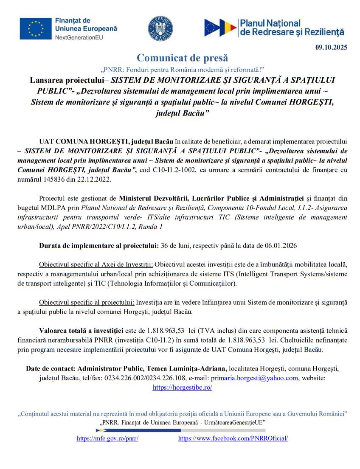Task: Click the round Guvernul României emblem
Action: [x=160, y=28]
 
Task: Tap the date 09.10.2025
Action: [x=331, y=47]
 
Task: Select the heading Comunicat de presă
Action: [x=182, y=58]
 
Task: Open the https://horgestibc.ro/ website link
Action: [x=182, y=388]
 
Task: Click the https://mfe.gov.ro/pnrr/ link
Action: [x=107, y=438]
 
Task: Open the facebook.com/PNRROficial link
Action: [x=233, y=438]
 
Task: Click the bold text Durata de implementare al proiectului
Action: [x=99, y=245]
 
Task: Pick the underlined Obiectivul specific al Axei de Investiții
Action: [x=96, y=265]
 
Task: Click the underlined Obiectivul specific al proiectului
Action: [x=87, y=302]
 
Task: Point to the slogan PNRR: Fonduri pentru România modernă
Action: [x=182, y=69]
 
